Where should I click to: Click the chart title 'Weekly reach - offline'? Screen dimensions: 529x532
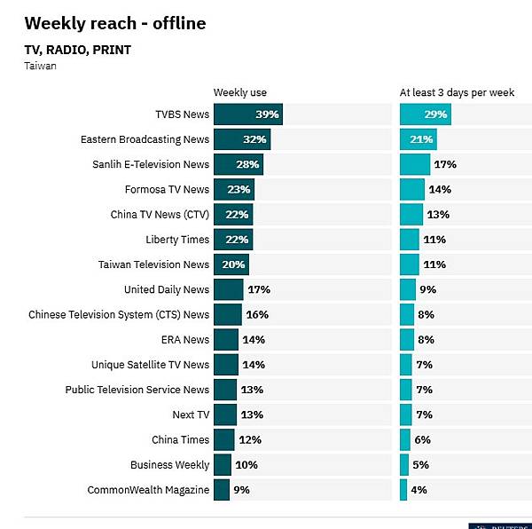(115, 23)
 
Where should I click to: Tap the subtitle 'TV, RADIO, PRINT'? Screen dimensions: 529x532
(78, 50)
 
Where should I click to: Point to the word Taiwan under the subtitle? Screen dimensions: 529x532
(41, 66)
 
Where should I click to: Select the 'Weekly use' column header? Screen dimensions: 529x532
(239, 92)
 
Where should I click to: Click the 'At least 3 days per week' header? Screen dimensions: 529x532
(457, 92)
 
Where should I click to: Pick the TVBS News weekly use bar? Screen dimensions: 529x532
(247, 114)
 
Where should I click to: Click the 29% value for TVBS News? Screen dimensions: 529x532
(436, 114)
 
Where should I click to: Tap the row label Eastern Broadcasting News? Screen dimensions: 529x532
(145, 139)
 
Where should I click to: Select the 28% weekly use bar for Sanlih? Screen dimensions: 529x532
(238, 164)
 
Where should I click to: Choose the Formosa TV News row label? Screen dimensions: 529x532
(167, 189)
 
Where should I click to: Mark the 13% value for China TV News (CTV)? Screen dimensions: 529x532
(438, 215)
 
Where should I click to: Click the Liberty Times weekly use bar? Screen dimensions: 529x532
(232, 240)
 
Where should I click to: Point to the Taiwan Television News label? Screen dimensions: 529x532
(153, 264)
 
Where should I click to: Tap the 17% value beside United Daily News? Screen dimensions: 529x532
(259, 289)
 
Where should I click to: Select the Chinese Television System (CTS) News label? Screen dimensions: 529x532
(119, 314)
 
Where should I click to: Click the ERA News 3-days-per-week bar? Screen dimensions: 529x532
(407, 339)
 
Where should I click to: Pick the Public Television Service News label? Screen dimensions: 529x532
(137, 390)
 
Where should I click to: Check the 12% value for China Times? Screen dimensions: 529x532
(250, 439)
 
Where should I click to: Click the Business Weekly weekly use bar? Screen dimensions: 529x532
(222, 464)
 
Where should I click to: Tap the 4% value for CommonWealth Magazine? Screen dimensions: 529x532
(419, 489)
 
